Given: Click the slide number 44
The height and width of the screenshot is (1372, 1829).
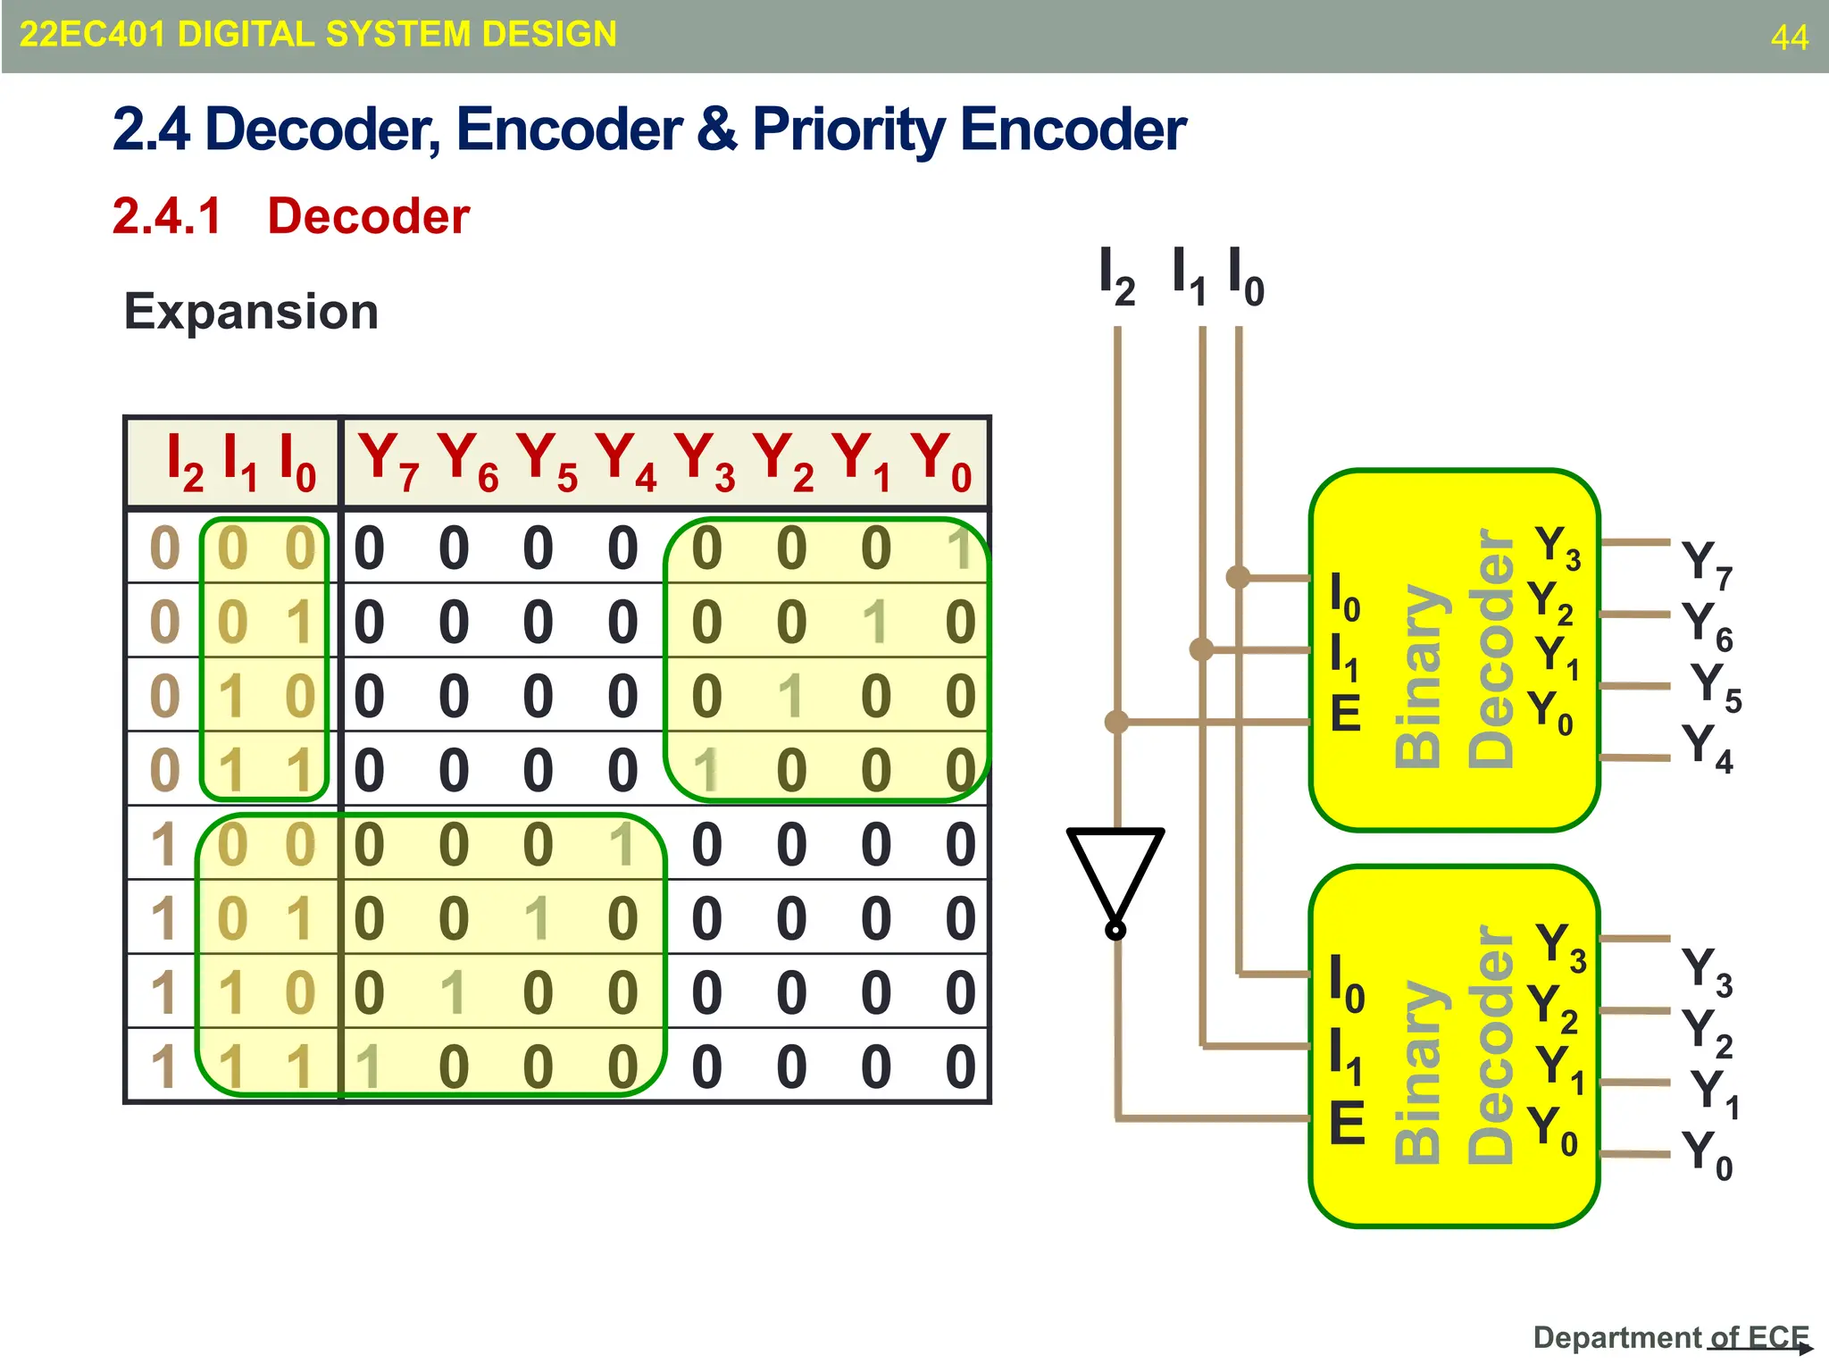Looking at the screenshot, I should pos(1789,38).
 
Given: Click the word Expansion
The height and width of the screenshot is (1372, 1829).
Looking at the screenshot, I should pos(251,312).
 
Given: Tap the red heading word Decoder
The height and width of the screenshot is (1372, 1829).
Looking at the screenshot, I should pos(368,216).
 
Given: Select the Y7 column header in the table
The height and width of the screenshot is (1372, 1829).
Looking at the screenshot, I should pos(388,461).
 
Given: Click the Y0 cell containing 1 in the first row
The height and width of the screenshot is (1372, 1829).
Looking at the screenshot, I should pos(960,548).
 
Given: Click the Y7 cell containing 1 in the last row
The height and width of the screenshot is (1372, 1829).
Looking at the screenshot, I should pos(367,1067).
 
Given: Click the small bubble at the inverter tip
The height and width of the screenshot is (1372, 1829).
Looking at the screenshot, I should pos(1115,931).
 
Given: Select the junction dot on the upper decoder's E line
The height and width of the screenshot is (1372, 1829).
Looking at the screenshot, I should pos(1116,721).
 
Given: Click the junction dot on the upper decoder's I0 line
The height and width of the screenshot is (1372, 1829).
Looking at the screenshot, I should pos(1238,577).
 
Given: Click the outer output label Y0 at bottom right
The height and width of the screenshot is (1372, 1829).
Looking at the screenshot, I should pos(1707,1154).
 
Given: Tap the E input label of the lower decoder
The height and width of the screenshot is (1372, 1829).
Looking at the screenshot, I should pos(1347,1123).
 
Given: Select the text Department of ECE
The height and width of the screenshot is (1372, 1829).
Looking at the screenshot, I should pos(1670,1337).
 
